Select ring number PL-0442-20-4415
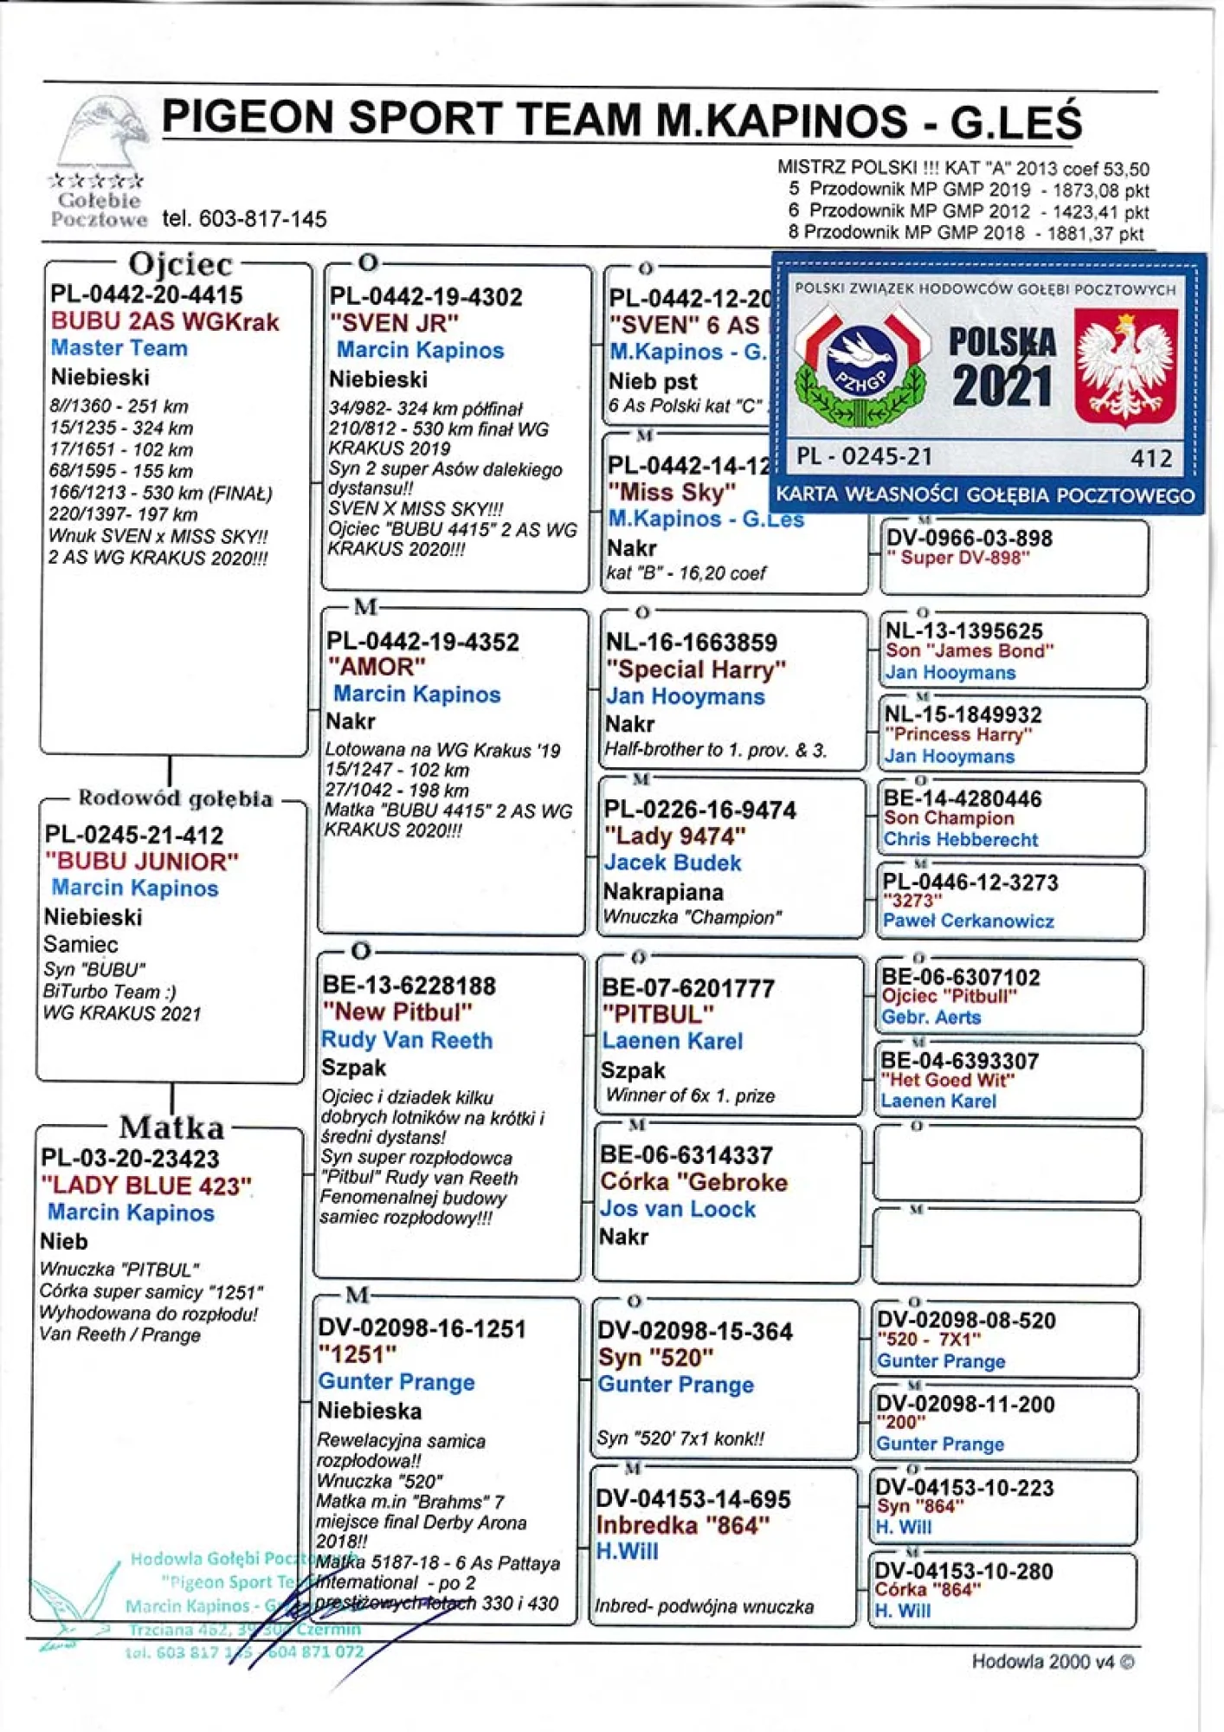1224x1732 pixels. pyautogui.click(x=146, y=294)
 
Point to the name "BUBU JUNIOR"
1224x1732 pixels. pyautogui.click(x=142, y=862)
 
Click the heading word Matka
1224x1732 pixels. pyautogui.click(x=171, y=1127)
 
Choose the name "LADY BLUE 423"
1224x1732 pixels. pyautogui.click(x=146, y=1185)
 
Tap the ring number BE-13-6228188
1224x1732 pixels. pyautogui.click(x=409, y=986)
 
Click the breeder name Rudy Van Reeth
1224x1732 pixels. pyautogui.click(x=406, y=1040)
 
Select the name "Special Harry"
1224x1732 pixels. pyautogui.click(x=696, y=669)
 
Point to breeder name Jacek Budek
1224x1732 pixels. pyautogui.click(x=673, y=863)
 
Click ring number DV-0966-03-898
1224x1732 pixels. pyautogui.click(x=970, y=538)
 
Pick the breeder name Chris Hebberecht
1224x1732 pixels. pyautogui.click(x=961, y=839)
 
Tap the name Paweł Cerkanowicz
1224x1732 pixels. pyautogui.click(x=968, y=921)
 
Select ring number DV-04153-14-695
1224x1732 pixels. pyautogui.click(x=693, y=1499)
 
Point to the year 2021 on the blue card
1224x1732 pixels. pyautogui.click(x=1002, y=385)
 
